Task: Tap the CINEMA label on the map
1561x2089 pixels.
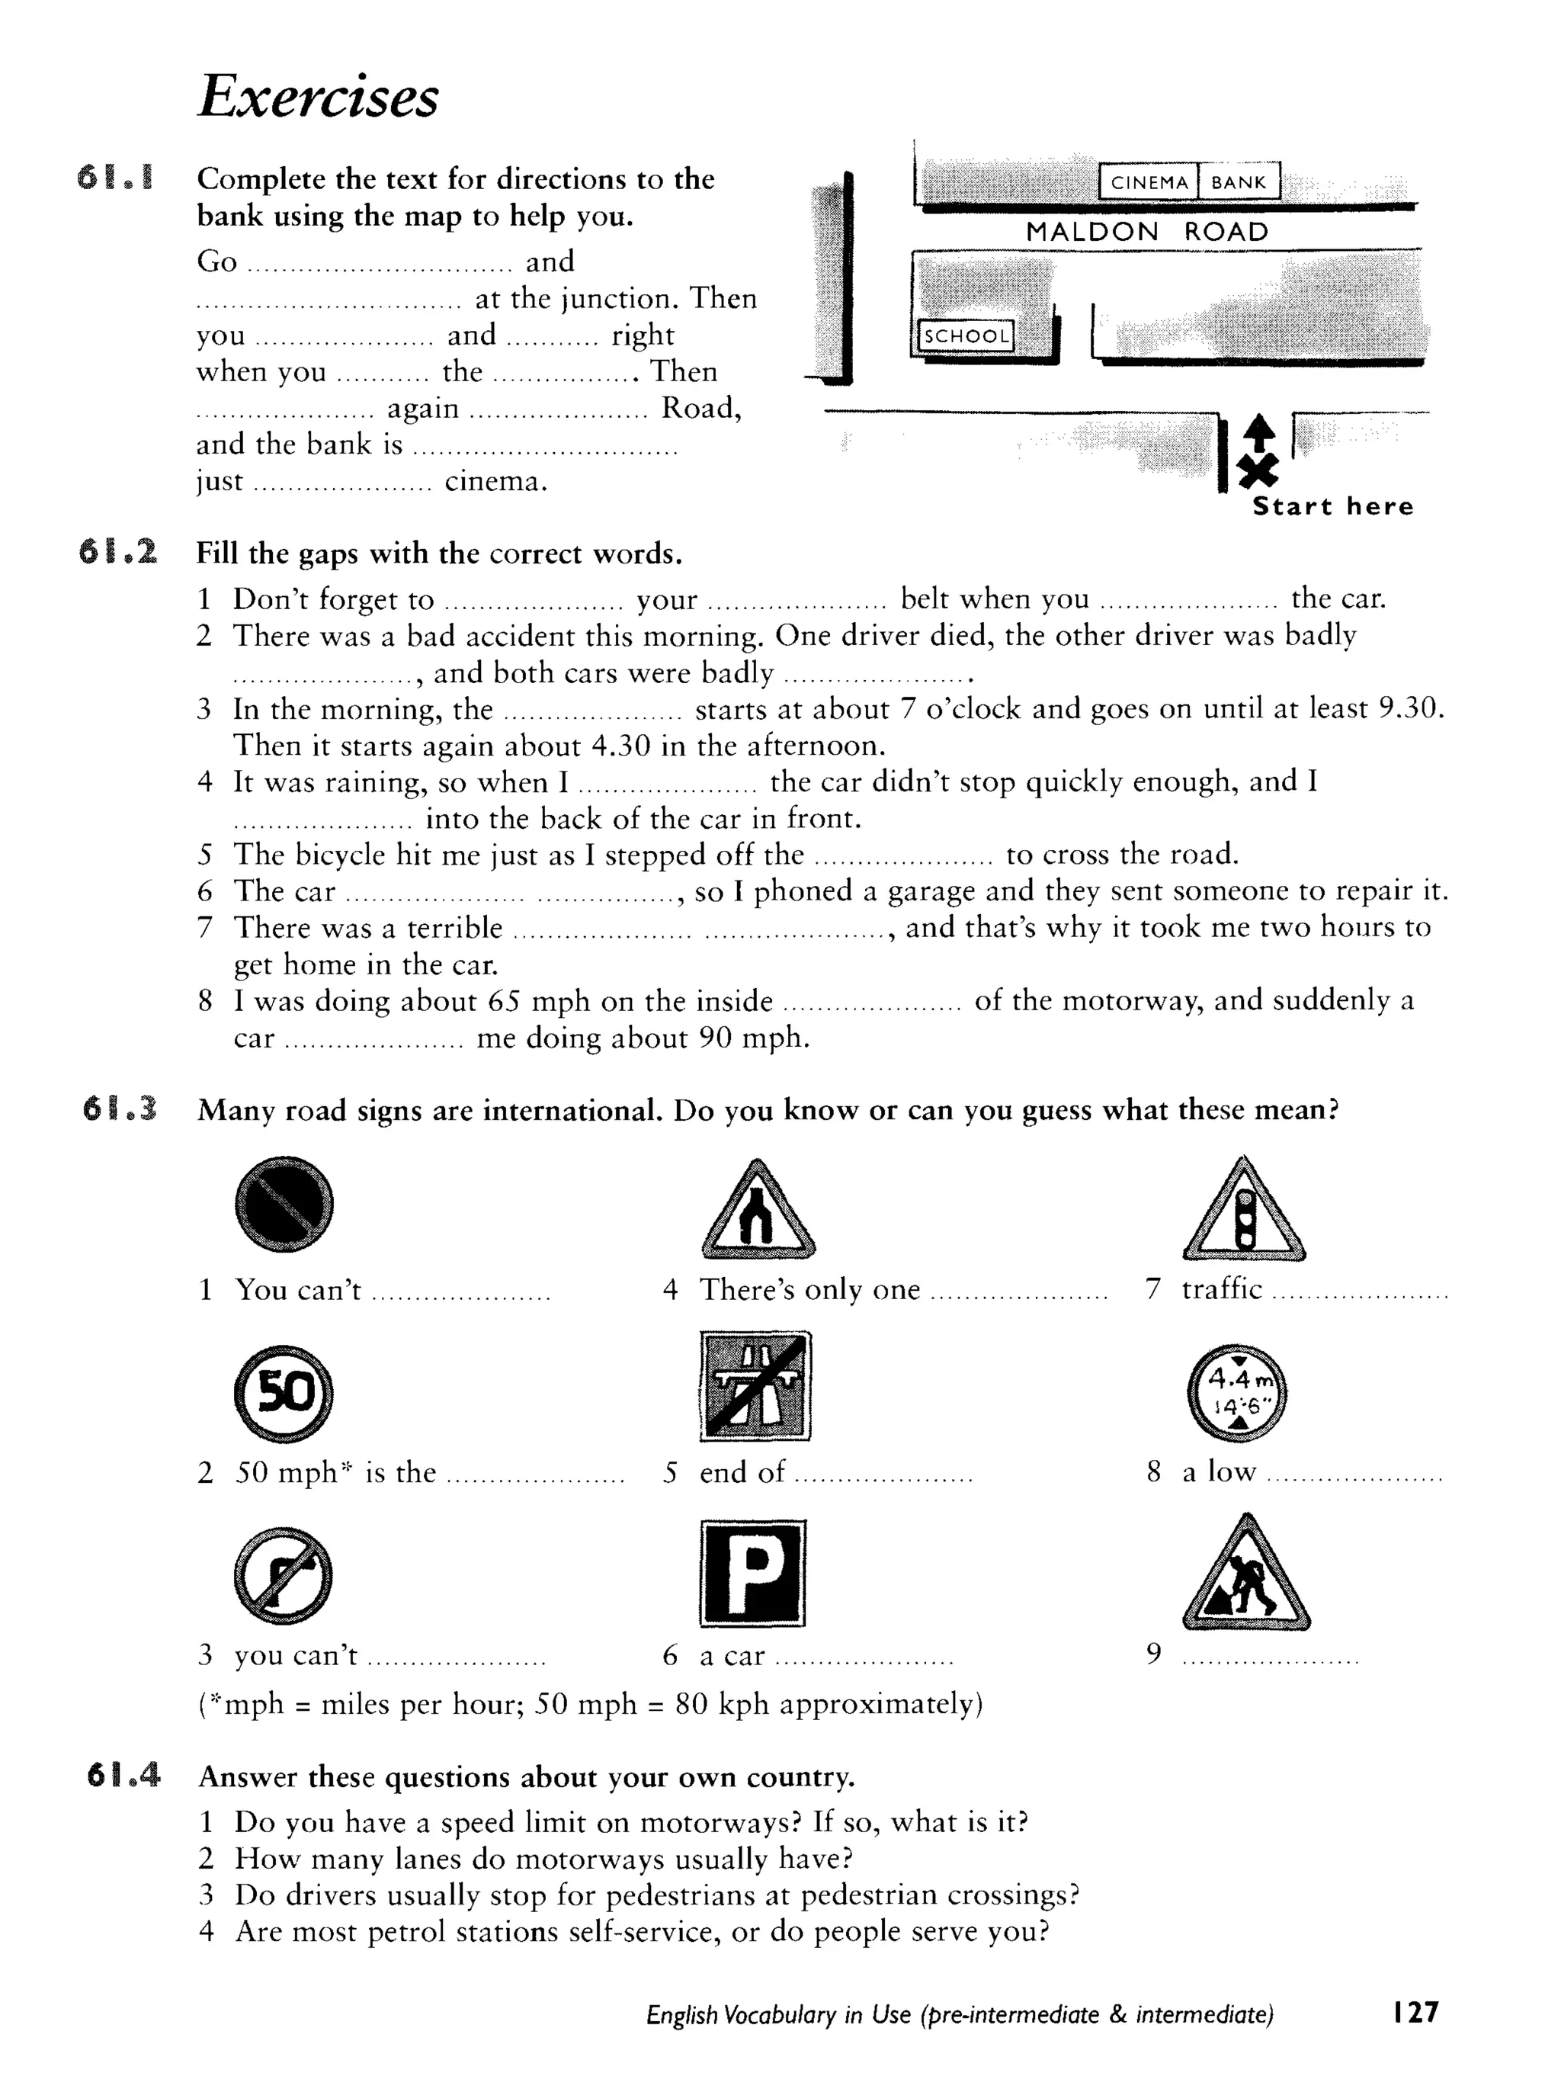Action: click(1149, 182)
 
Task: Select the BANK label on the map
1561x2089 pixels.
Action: click(1238, 182)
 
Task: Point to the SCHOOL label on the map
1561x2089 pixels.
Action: click(965, 335)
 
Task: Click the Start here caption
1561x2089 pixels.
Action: click(1332, 507)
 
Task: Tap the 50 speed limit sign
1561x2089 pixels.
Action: click(284, 1392)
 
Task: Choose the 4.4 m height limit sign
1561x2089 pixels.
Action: click(1237, 1392)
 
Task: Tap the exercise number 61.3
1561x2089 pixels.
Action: click(120, 1109)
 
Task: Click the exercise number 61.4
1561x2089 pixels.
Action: click(123, 1776)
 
